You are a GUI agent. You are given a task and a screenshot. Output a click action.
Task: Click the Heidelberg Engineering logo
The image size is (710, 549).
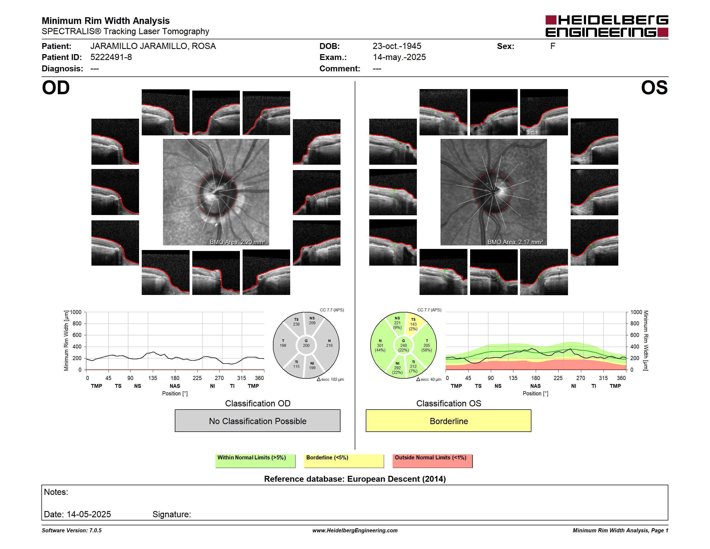(607, 26)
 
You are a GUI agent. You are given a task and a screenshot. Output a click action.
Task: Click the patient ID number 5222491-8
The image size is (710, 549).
(111, 57)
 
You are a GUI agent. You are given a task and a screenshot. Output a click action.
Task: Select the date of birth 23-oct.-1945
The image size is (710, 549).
(397, 46)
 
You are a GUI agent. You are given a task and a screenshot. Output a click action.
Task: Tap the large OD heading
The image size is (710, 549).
(56, 87)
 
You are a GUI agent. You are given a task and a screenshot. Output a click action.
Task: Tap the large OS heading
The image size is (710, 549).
(654, 87)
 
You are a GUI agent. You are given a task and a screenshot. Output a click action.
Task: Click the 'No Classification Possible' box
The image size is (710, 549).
(257, 421)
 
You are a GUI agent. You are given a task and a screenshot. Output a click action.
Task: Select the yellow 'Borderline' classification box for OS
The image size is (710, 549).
(449, 421)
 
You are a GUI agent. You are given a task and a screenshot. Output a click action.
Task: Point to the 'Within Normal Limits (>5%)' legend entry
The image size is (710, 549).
(255, 461)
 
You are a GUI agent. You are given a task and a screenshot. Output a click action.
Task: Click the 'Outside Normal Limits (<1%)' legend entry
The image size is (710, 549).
(433, 461)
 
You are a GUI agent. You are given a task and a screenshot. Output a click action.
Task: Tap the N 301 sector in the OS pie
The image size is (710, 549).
(380, 345)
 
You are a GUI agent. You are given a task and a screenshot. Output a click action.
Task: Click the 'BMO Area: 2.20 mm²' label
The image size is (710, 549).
(237, 242)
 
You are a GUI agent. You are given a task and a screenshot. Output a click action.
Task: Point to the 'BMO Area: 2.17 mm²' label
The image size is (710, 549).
(515, 242)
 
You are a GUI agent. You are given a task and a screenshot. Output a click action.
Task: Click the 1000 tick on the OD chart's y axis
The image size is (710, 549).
(76, 312)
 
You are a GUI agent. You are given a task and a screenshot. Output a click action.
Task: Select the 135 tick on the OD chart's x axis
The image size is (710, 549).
(152, 378)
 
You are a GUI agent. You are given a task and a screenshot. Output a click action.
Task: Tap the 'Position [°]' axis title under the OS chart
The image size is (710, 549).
(535, 393)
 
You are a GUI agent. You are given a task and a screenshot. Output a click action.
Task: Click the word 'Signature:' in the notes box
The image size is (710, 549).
(172, 514)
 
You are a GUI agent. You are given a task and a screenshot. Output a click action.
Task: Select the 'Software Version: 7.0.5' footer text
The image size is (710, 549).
(72, 530)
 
